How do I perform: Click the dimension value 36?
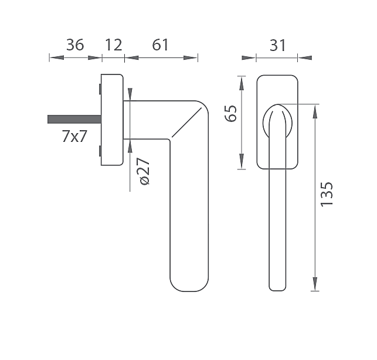coord(75,45)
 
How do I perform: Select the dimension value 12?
coord(114,45)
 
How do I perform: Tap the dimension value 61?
coord(161,45)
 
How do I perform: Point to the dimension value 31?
coord(278,45)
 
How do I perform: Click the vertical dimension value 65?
coord(230,114)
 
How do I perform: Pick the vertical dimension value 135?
coord(327,194)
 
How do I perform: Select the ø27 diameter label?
coord(143,171)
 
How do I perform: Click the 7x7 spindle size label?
coord(74,136)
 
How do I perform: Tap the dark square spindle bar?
coord(74,119)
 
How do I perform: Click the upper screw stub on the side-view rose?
coord(100,89)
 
